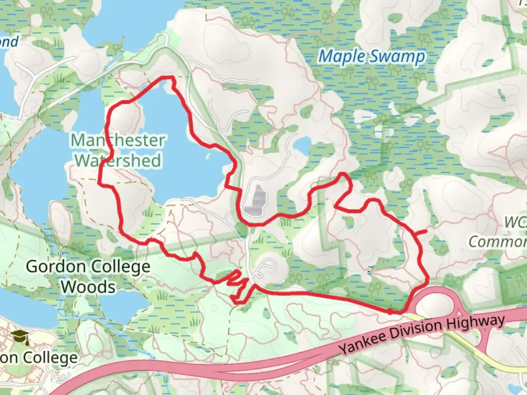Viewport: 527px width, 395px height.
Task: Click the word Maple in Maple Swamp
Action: tap(342, 57)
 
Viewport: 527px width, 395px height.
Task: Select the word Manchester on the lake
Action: tap(118, 140)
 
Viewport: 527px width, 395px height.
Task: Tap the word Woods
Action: tap(88, 287)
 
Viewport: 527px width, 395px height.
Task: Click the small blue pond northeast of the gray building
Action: tap(301, 146)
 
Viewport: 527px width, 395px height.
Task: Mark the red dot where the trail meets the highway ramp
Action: tap(390, 311)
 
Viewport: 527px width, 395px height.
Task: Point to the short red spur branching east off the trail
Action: tap(421, 232)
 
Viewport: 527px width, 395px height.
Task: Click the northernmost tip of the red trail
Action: tap(167, 77)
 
